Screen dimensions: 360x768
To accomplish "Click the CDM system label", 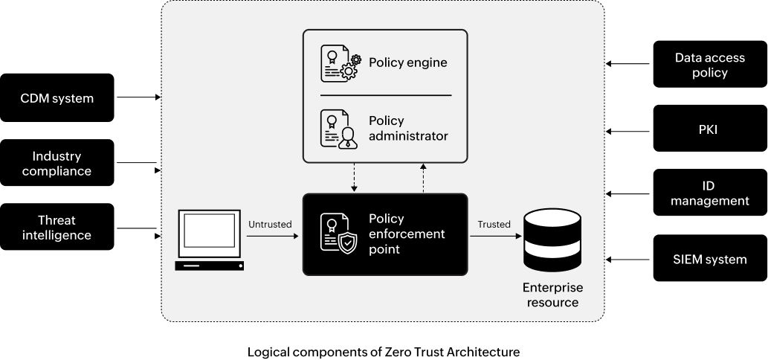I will pyautogui.click(x=57, y=98).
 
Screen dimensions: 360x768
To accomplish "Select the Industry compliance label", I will pyautogui.click(x=57, y=164).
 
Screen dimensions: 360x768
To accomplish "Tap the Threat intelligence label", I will pyautogui.click(x=57, y=228).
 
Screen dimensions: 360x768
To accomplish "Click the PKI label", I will pyautogui.click(x=708, y=129).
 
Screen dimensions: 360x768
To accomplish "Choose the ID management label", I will pyautogui.click(x=709, y=193).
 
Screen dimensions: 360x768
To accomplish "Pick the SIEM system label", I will pyautogui.click(x=709, y=259).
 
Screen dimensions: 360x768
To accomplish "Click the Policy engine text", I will pyautogui.click(x=407, y=62).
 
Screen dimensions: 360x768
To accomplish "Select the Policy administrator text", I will pyautogui.click(x=408, y=128).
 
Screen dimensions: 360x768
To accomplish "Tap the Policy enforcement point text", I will pyautogui.click(x=407, y=234).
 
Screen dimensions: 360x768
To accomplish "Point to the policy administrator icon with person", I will pyautogui.click(x=339, y=129).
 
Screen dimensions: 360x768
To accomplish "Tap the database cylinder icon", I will pyautogui.click(x=552, y=240).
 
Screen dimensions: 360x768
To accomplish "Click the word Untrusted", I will pyautogui.click(x=270, y=224).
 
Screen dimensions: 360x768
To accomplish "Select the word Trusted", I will pyautogui.click(x=494, y=224).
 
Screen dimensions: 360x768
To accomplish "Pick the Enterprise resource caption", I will pyautogui.click(x=552, y=295).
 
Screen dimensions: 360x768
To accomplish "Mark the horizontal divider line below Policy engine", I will pyautogui.click(x=385, y=95).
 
